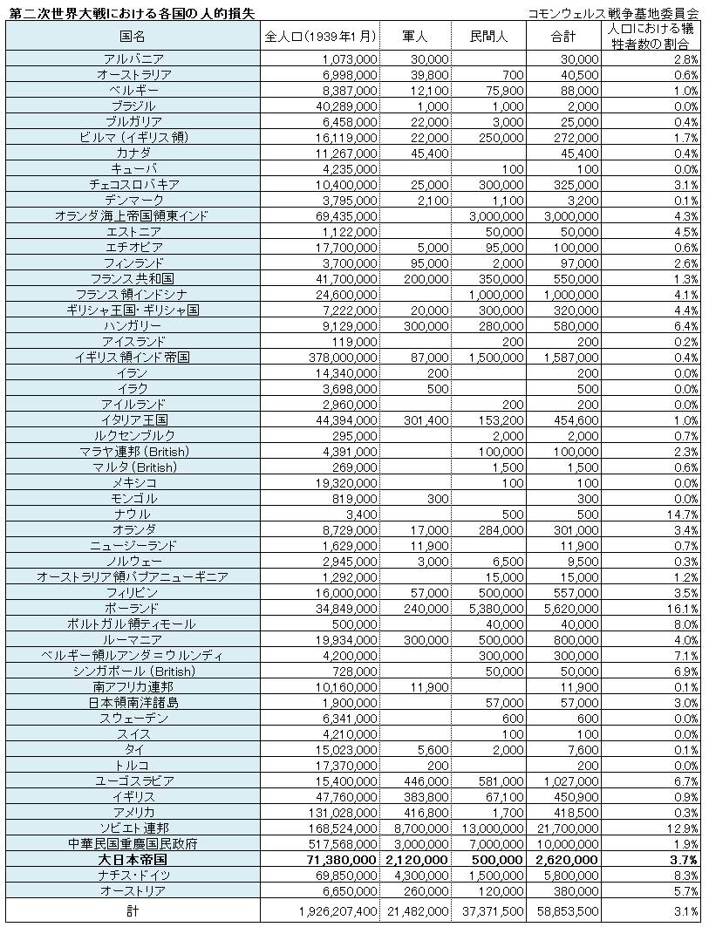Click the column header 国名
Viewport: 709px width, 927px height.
point(133,36)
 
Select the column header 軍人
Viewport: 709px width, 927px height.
point(415,36)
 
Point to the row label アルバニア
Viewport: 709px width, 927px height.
point(133,59)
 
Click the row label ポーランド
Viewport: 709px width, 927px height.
point(133,608)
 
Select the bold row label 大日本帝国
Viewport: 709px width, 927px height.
point(133,859)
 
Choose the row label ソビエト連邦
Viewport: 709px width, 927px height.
point(133,828)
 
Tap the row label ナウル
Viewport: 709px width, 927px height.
point(133,515)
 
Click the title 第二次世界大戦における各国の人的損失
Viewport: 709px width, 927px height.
point(131,12)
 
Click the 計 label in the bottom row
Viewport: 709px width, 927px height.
point(133,910)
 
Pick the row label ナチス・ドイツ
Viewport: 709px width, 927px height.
point(133,875)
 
